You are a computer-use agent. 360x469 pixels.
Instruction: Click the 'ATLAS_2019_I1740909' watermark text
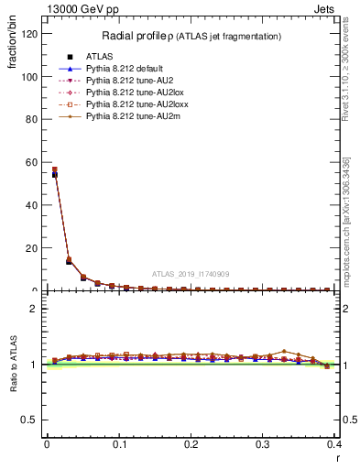[x=191, y=274]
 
